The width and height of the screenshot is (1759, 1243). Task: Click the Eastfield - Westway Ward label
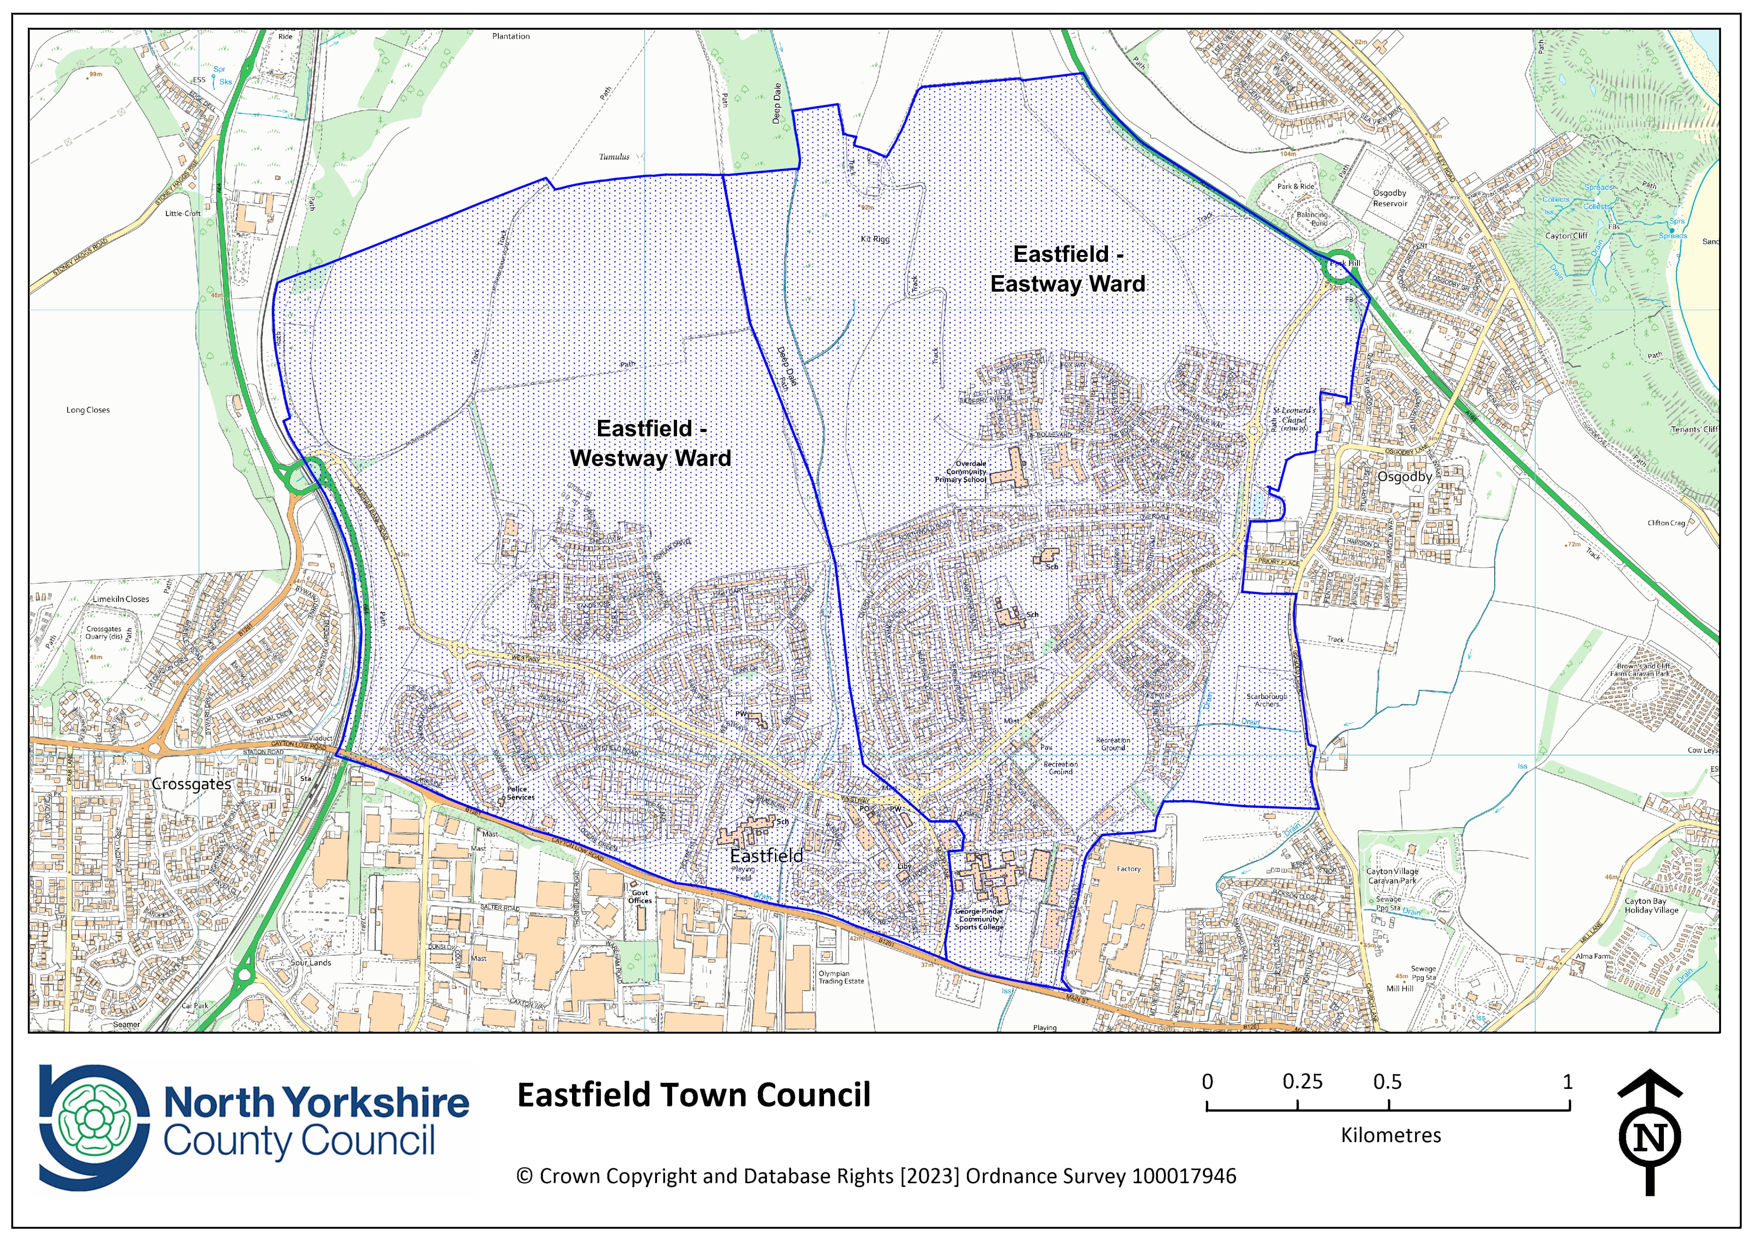pos(650,444)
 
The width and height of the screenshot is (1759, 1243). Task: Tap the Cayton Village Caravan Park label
pos(1392,875)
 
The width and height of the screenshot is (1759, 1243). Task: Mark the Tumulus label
pos(614,157)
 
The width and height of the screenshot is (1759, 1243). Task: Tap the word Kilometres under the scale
pos(1390,1135)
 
